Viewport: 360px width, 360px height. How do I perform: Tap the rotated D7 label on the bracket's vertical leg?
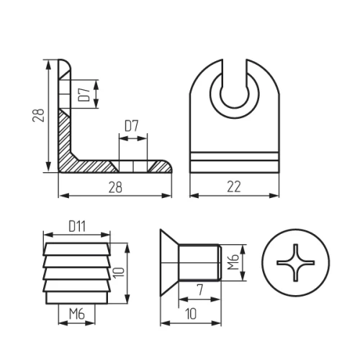84,94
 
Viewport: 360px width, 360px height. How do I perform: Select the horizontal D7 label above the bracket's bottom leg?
132,126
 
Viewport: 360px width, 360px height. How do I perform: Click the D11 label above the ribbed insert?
77,226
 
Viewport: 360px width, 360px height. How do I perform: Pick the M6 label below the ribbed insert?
77,314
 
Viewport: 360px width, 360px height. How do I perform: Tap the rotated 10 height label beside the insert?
119,273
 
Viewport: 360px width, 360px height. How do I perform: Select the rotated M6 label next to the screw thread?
233,261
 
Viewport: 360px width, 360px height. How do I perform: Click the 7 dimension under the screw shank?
199,289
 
